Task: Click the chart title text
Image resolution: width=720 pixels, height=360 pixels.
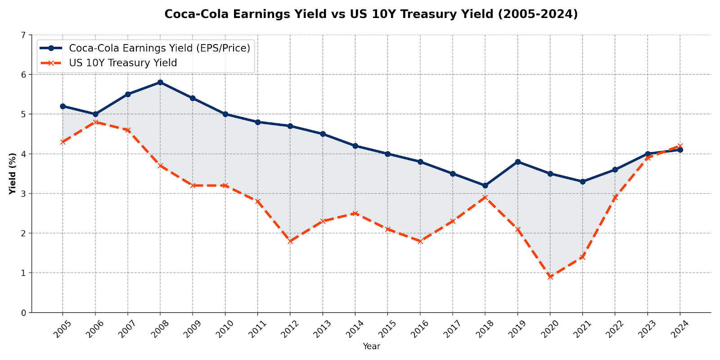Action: coord(371,14)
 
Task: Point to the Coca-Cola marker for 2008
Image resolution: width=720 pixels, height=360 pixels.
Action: coord(160,82)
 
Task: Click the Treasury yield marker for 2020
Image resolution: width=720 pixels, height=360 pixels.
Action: coord(550,277)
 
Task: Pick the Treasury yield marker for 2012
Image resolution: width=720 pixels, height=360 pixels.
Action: coord(290,241)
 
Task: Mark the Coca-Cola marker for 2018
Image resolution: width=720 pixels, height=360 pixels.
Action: coord(485,185)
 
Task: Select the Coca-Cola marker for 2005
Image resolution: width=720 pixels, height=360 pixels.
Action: coord(63,106)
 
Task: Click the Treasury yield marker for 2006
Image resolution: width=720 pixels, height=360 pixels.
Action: coord(95,122)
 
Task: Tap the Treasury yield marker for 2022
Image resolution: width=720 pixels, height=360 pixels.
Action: coord(615,198)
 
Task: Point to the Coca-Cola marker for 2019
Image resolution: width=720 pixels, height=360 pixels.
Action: coord(517,162)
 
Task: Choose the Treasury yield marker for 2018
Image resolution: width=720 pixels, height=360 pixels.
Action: coord(485,198)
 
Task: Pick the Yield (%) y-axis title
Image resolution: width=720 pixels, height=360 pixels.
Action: coord(13,174)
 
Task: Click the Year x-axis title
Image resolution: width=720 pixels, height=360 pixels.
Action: coord(371,346)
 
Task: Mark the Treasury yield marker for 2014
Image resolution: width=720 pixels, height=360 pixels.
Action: coord(355,213)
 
